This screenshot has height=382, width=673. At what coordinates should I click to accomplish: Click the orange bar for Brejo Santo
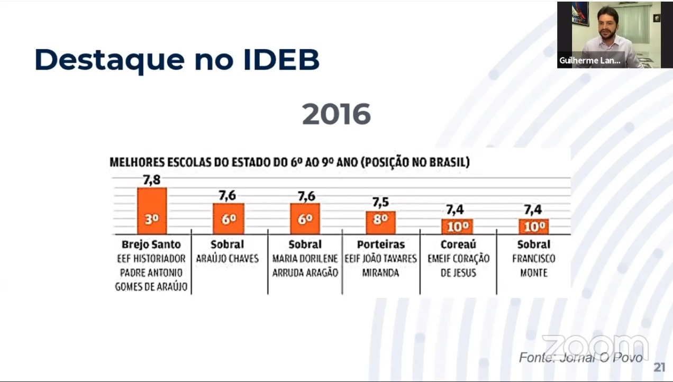tap(152, 211)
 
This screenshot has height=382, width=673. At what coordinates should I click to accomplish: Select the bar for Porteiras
tap(380, 223)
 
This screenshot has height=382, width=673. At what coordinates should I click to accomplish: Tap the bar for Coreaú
tap(458, 226)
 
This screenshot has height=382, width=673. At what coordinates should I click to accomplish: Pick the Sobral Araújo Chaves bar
tap(229, 219)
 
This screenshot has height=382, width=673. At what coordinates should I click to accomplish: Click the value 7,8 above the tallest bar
tap(152, 180)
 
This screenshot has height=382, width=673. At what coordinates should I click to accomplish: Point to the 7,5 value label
tap(380, 203)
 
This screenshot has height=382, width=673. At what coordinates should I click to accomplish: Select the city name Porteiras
tap(380, 244)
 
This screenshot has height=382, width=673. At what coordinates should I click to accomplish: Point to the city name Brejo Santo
tap(151, 244)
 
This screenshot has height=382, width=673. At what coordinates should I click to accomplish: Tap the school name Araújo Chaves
tap(228, 259)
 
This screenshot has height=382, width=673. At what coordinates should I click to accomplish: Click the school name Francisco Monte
tap(533, 266)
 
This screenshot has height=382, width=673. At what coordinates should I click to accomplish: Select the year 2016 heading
tap(336, 114)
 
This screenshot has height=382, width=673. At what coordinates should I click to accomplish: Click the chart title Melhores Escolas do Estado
tap(289, 162)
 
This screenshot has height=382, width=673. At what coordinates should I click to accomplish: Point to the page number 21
tap(659, 367)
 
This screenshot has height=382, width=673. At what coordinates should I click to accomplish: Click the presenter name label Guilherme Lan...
tap(589, 61)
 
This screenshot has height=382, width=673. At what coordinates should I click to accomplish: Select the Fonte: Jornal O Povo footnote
tap(580, 358)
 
